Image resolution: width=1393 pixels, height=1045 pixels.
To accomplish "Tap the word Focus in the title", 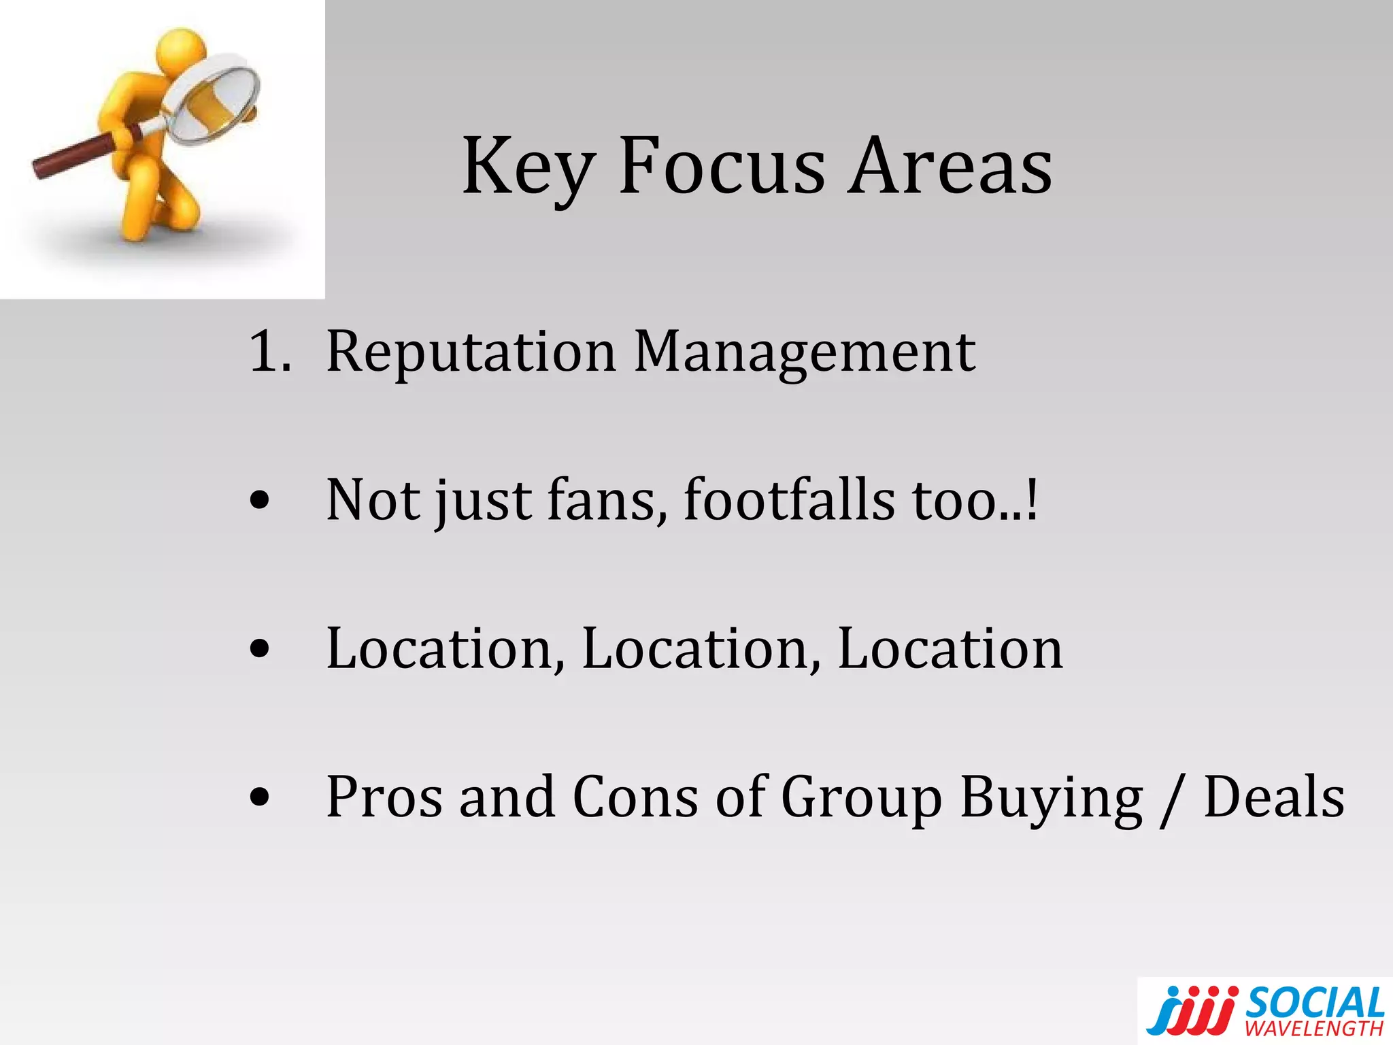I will coord(721,167).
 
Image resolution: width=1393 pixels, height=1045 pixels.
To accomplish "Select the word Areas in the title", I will coord(951,167).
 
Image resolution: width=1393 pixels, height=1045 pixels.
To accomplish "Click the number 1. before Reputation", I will coord(270,352).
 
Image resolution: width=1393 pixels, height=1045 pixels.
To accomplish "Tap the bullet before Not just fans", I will coord(259,502).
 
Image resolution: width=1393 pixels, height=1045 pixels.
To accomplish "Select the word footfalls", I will coord(789,500).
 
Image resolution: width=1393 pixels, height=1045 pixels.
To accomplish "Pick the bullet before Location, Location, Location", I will coord(259,650).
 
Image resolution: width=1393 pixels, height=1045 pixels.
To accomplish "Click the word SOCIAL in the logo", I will coord(1315,1003).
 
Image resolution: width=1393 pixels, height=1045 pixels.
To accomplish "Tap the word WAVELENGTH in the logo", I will coord(1314,1028).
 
